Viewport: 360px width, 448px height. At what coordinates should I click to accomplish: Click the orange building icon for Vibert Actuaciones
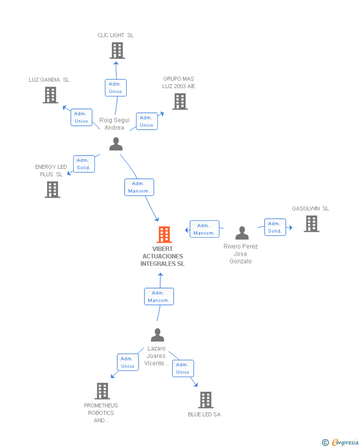[x=164, y=234]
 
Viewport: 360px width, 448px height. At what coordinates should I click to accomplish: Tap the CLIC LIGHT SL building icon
[x=117, y=50]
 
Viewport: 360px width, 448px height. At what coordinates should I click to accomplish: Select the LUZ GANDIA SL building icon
[x=50, y=95]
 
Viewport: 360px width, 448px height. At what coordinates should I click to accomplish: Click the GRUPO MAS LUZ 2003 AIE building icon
[x=180, y=101]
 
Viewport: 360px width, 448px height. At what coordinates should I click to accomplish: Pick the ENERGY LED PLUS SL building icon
[x=52, y=190]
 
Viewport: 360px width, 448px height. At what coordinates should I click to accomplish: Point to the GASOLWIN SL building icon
[x=311, y=224]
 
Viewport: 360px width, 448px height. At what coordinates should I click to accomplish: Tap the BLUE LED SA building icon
[x=205, y=400]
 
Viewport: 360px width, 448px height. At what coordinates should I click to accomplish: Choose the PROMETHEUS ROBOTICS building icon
[x=102, y=391]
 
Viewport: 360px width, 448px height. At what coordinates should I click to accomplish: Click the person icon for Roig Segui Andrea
[x=116, y=144]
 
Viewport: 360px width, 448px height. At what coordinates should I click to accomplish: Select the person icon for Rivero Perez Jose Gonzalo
[x=242, y=233]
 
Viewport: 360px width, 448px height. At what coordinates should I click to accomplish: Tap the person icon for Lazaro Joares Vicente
[x=157, y=335]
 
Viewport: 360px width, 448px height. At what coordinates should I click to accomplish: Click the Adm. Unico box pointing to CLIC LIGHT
[x=116, y=88]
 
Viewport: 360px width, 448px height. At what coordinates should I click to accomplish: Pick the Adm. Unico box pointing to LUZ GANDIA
[x=81, y=117]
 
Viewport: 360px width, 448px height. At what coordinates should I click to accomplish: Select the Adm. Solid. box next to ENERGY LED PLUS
[x=84, y=164]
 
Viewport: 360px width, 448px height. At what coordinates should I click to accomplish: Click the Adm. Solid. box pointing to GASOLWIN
[x=275, y=227]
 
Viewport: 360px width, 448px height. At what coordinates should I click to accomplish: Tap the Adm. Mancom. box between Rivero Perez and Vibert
[x=204, y=229]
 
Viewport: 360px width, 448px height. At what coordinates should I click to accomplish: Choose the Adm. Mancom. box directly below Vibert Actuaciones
[x=159, y=297]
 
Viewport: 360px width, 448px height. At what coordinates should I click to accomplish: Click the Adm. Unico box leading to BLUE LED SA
[x=182, y=368]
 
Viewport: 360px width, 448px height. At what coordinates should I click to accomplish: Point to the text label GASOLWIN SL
[x=310, y=208]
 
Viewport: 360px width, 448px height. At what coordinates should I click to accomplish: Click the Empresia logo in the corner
[x=340, y=442]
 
